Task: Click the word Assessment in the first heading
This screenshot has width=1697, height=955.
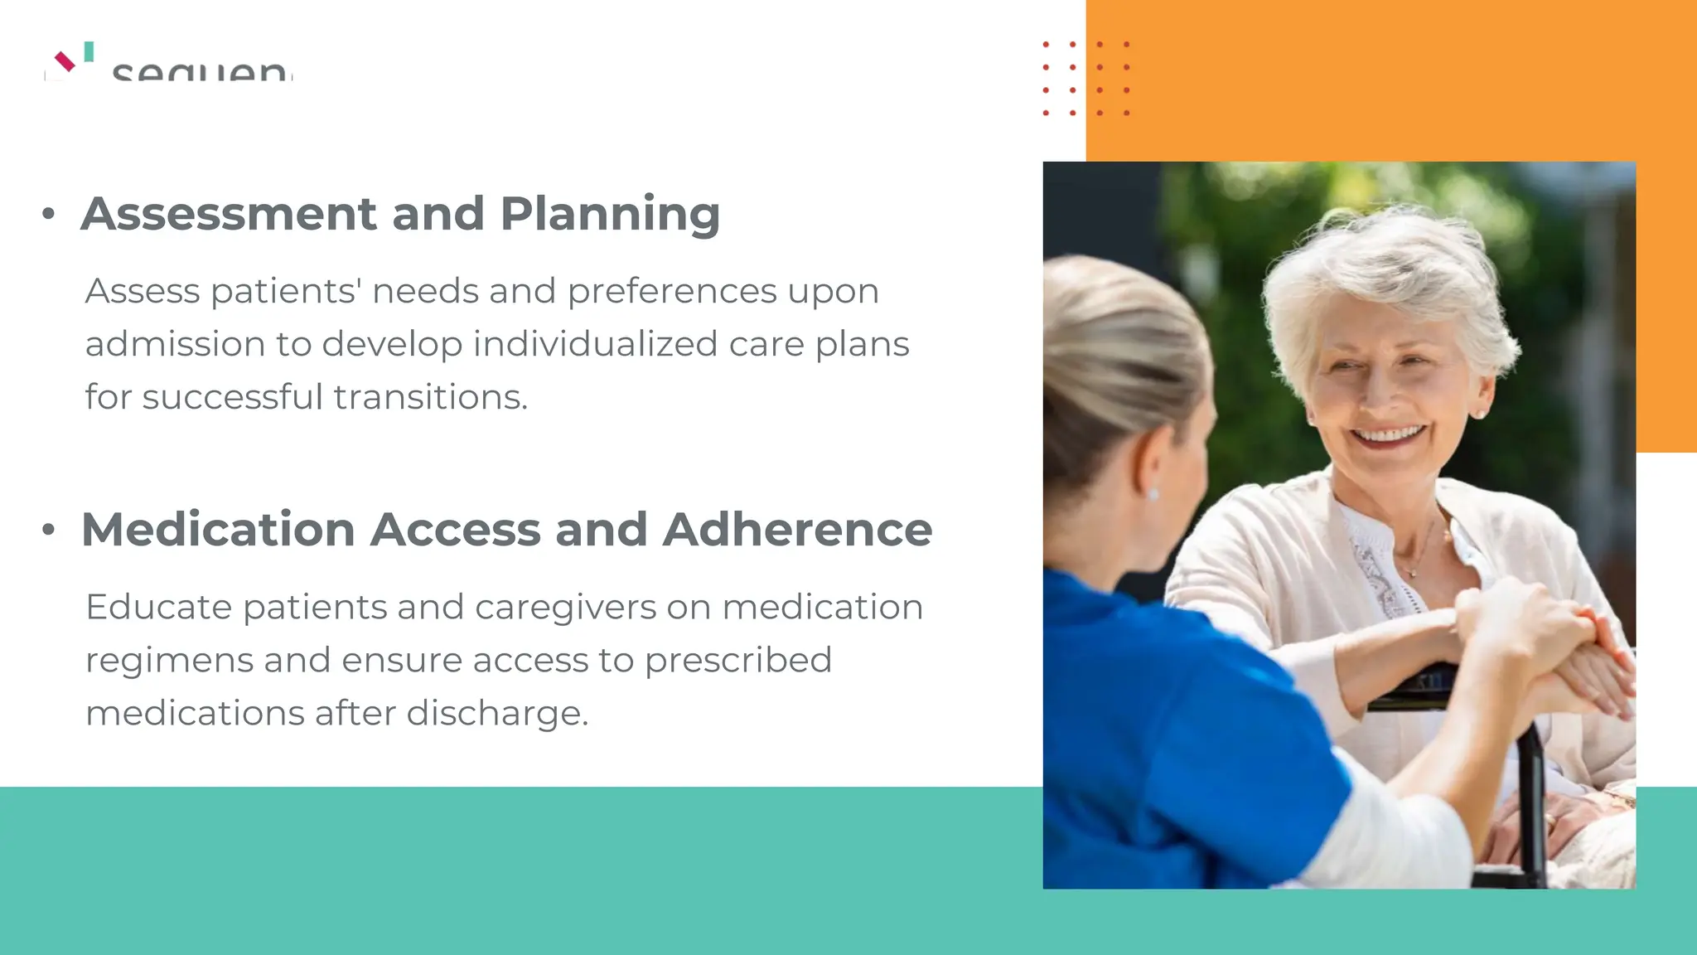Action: (x=229, y=214)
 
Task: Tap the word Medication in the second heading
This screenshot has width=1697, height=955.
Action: (x=218, y=530)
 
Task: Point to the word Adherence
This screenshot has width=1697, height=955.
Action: (x=797, y=530)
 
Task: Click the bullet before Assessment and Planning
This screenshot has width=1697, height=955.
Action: (x=48, y=215)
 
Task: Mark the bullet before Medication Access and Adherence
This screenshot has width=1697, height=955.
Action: (x=48, y=530)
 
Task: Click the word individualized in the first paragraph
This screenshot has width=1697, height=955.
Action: (x=595, y=344)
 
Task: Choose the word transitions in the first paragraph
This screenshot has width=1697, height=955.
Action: (x=430, y=397)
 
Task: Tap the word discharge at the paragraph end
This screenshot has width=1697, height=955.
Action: (x=497, y=714)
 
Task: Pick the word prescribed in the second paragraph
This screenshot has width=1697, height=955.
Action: (x=737, y=661)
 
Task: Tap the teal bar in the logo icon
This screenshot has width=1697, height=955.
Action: (x=89, y=51)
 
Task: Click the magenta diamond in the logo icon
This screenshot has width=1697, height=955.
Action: (x=65, y=61)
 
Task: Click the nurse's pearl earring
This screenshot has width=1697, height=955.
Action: (x=1153, y=495)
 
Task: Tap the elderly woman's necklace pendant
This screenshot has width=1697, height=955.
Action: (x=1414, y=572)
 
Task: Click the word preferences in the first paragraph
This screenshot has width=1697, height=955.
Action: (x=671, y=292)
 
